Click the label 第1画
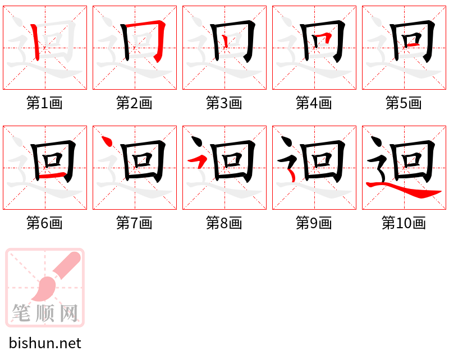coord(44,103)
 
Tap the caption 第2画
coord(134,103)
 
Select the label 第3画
coord(224,103)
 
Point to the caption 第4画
coord(314,103)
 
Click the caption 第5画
coord(404,103)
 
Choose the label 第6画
coord(44,223)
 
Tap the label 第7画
coord(134,223)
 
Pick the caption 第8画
coord(224,223)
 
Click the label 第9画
coord(314,223)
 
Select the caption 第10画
coord(404,223)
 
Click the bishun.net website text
coord(45,343)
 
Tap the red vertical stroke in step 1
coord(35,42)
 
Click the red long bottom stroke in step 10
coord(410,192)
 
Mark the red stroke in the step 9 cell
coord(291,176)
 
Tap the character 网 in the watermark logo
coord(68,312)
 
